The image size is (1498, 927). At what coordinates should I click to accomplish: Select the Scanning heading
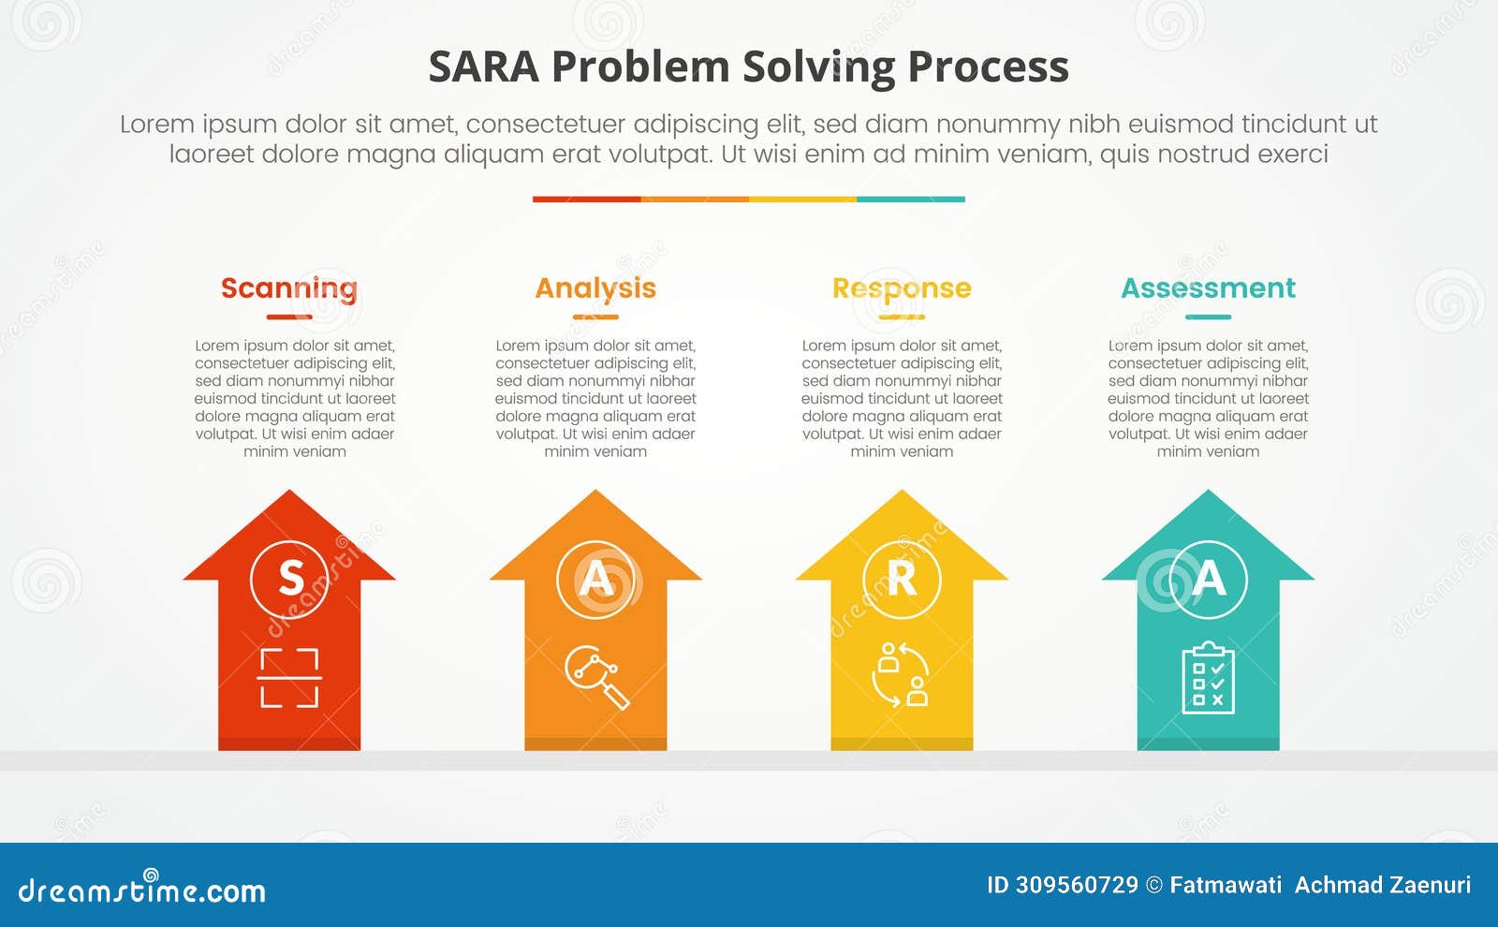(289, 288)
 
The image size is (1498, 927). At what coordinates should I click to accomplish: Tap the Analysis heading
(595, 288)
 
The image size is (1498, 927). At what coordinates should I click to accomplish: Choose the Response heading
(902, 288)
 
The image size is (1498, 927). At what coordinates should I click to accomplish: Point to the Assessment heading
(1208, 288)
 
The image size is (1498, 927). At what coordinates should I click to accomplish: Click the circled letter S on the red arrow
(290, 579)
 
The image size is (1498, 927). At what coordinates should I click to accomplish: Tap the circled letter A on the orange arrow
(595, 579)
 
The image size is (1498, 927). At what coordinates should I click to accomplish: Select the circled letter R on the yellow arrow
(902, 579)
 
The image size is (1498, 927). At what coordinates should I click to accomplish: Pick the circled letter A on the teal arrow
(1208, 579)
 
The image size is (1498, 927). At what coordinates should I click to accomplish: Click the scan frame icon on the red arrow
(289, 677)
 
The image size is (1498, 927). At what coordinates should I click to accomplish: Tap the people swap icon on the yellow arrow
(901, 674)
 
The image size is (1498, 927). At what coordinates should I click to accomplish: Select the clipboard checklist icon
(1208, 678)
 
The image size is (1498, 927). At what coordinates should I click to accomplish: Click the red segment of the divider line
(586, 199)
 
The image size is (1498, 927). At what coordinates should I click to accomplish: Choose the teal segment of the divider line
(910, 199)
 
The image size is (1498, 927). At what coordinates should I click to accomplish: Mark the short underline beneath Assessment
(1208, 317)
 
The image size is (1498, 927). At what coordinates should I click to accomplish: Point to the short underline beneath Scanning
(289, 317)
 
